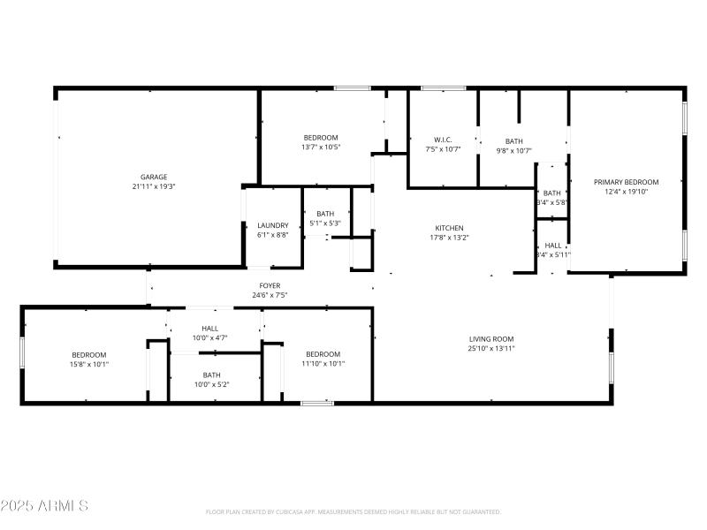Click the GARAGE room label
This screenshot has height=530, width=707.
pyautogui.click(x=154, y=177)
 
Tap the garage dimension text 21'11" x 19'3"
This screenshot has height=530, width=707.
pyautogui.click(x=154, y=186)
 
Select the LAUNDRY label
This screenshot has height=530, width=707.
pyautogui.click(x=273, y=225)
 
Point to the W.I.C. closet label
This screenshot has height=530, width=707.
pyautogui.click(x=444, y=140)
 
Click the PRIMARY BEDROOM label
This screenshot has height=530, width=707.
pyautogui.click(x=626, y=182)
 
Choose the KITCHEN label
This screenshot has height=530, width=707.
pyautogui.click(x=449, y=228)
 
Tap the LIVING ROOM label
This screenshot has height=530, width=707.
pyautogui.click(x=491, y=339)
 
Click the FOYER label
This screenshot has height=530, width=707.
pyautogui.click(x=270, y=285)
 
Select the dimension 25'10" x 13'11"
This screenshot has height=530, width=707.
pyautogui.click(x=491, y=349)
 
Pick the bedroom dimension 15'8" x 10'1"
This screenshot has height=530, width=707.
pyautogui.click(x=89, y=364)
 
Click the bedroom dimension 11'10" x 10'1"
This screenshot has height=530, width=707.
pyautogui.click(x=323, y=364)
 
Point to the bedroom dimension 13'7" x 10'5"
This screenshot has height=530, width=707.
pyautogui.click(x=321, y=147)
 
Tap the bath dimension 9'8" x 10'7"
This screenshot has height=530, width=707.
pyautogui.click(x=513, y=150)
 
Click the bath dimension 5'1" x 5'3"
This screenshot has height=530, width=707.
pyautogui.click(x=325, y=223)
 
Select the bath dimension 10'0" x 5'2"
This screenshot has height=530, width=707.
pyautogui.click(x=211, y=384)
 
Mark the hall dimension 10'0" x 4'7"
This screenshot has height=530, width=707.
pyautogui.click(x=210, y=338)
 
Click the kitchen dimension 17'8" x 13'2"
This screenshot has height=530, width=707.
pyautogui.click(x=449, y=237)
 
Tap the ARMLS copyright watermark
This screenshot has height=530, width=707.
pyautogui.click(x=45, y=506)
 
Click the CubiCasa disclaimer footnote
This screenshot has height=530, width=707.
pyautogui.click(x=353, y=512)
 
